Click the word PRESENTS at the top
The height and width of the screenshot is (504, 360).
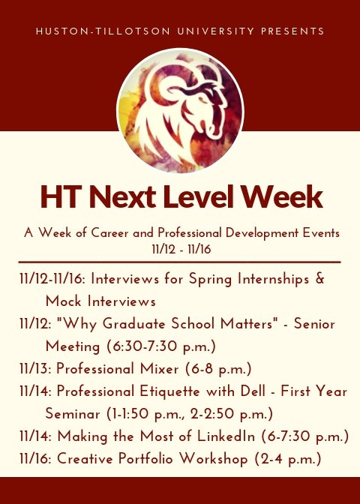click(293, 31)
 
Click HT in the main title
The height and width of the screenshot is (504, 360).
click(60, 196)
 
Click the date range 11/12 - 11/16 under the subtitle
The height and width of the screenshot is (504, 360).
click(180, 247)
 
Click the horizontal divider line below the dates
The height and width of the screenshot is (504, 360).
click(180, 262)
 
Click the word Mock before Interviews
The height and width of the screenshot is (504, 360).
click(64, 301)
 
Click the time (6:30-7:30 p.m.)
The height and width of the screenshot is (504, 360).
click(158, 346)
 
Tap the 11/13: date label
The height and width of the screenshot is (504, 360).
click(35, 369)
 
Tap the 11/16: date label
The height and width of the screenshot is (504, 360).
click(35, 459)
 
